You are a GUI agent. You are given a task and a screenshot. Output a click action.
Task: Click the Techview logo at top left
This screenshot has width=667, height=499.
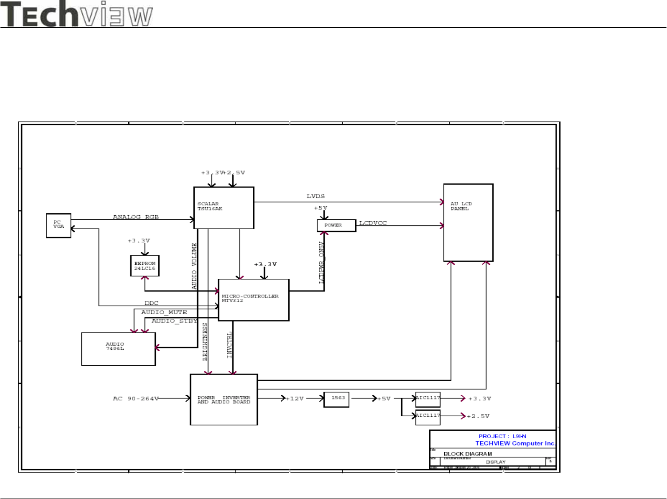(77, 14)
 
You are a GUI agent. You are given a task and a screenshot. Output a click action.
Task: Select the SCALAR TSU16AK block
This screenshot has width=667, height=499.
(224, 208)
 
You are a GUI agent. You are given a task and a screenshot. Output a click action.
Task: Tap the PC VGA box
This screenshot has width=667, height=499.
(59, 225)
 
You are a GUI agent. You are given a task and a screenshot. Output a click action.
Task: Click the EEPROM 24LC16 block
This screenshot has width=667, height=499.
(145, 266)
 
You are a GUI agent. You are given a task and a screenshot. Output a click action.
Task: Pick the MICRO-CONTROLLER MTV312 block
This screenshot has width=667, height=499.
(253, 300)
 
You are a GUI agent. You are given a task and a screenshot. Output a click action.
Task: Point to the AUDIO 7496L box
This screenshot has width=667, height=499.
(118, 348)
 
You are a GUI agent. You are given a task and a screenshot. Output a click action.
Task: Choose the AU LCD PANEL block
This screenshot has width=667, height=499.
(468, 223)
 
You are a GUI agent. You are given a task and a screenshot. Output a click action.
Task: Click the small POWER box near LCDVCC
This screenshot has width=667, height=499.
(336, 225)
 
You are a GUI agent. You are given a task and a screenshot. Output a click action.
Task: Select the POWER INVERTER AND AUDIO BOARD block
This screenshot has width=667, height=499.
(224, 399)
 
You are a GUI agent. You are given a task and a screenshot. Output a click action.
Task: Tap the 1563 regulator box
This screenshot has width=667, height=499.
(337, 399)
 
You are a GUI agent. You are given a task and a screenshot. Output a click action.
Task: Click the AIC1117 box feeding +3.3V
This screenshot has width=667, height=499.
(428, 399)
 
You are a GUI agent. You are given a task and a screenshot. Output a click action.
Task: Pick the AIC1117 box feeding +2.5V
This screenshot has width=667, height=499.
(428, 416)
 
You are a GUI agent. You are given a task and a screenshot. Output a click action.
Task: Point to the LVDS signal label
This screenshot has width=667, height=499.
(315, 196)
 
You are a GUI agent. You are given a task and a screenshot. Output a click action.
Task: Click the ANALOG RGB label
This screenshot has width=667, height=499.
(136, 217)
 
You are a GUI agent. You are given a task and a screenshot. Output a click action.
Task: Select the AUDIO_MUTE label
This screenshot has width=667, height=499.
(164, 312)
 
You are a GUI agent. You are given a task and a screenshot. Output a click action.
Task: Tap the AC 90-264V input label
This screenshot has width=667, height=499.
(136, 399)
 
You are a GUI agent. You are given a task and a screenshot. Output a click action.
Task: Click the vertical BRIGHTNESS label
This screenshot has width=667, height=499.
(205, 341)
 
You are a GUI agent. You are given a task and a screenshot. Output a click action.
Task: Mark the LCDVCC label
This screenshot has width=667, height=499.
(373, 223)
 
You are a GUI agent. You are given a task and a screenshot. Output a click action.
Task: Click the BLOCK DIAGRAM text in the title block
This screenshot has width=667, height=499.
(467, 454)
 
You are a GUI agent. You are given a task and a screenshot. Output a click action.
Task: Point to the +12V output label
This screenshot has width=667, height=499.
(295, 399)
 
